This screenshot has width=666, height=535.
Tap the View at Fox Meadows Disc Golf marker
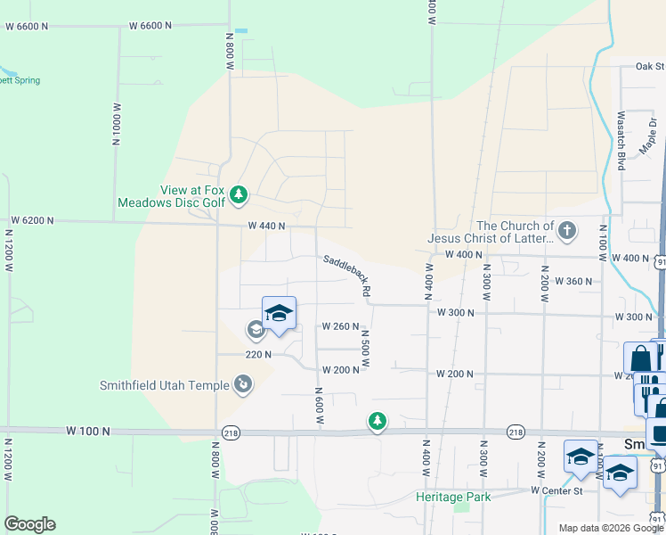tap(239, 193)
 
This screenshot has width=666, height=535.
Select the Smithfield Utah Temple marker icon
tap(242, 384)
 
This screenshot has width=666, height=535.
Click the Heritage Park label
tap(453, 496)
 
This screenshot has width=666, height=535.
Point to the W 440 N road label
tap(266, 226)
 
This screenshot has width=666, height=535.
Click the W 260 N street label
tap(340, 326)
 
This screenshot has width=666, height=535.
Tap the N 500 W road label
tap(365, 349)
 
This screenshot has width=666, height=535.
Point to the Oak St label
tap(649, 66)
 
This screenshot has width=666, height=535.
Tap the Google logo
tap(29, 524)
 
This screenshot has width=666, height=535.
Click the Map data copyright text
tap(610, 528)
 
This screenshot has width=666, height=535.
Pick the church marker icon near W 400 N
tap(566, 232)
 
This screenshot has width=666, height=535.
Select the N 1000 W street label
tap(116, 125)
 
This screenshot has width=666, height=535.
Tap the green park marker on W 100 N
tap(378, 420)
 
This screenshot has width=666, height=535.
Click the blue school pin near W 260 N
tap(280, 313)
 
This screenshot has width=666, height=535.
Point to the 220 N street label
tap(258, 354)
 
